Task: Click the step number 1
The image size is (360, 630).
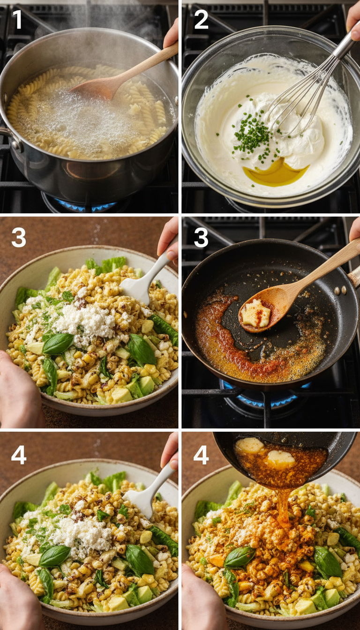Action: [x=17, y=20]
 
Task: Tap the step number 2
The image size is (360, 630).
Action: [x=201, y=20]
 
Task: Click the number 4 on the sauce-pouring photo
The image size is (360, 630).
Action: [x=201, y=455]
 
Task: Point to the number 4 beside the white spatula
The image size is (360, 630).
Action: [x=19, y=455]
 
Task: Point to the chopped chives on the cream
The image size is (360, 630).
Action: [x=253, y=134]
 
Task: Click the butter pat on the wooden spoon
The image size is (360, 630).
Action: [x=255, y=313]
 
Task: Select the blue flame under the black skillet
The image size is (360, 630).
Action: [x=262, y=398]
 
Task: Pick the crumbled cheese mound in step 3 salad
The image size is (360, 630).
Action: [x=84, y=323]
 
